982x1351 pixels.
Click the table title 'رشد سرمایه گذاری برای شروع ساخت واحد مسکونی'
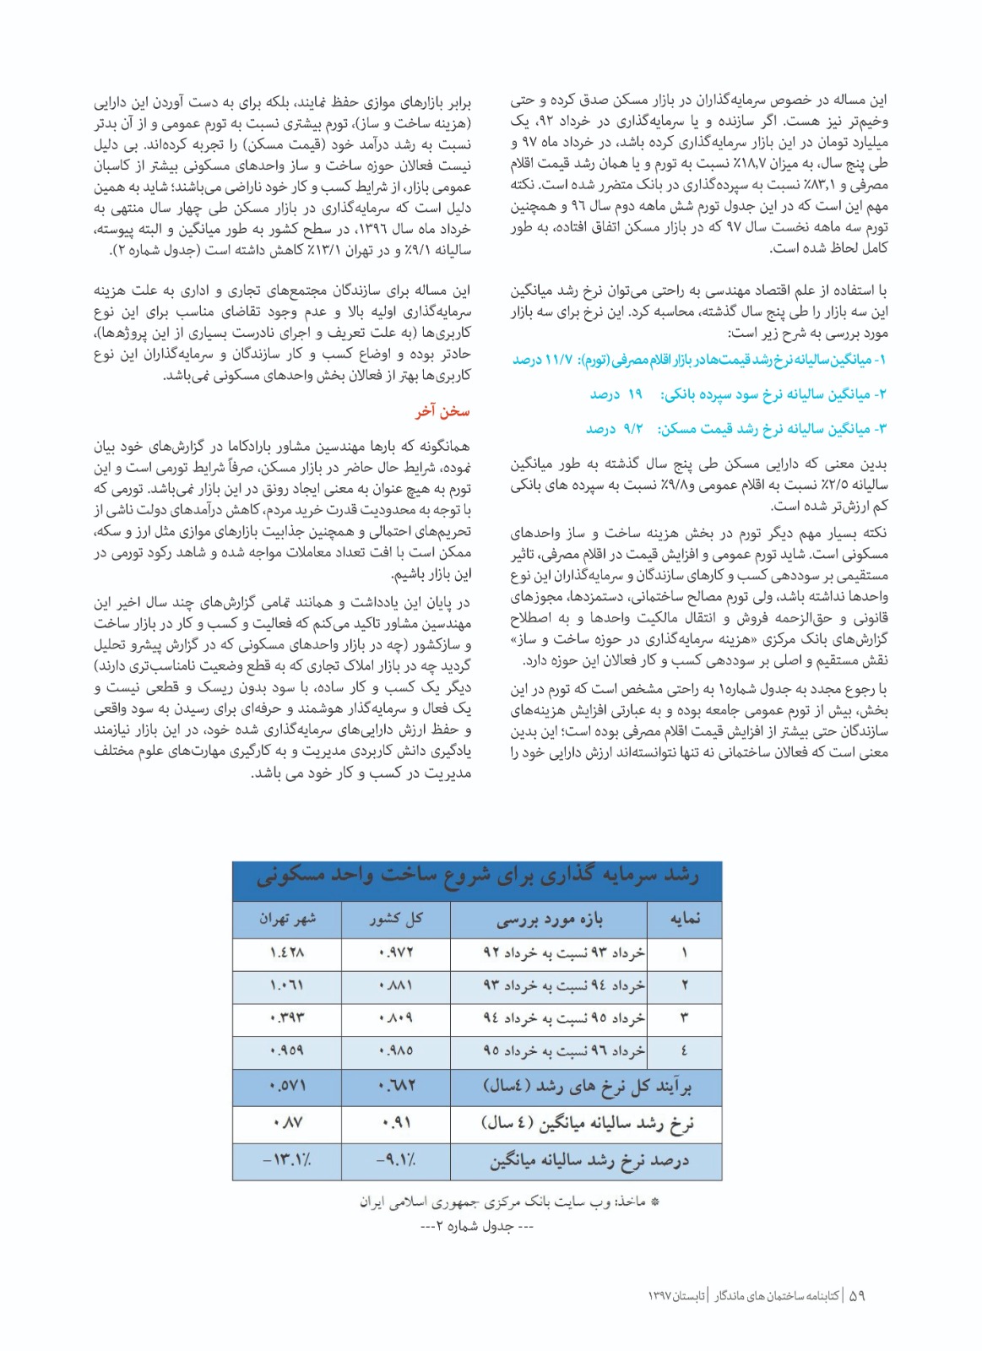coord(477,876)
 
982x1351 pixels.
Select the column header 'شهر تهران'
coord(287,920)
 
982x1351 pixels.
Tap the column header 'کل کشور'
coord(396,920)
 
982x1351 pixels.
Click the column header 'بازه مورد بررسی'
coord(549,920)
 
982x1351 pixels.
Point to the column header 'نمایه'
coord(684,920)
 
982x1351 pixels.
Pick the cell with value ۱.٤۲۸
coord(287,953)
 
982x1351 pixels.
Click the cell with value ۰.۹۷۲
coord(396,953)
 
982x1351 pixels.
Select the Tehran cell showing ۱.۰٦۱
coord(287,986)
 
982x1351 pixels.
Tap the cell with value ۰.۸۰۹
coord(396,1018)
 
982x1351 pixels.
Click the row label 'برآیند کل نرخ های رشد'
coord(586,1087)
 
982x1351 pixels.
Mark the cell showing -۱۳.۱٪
coord(287,1161)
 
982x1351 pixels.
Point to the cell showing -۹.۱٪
coord(396,1161)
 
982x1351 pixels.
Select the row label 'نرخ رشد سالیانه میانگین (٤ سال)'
coord(586,1124)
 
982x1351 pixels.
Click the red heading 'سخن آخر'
coord(442,412)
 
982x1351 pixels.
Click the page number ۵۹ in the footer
coord(856,1296)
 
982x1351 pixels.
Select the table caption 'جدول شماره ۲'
coord(477,1226)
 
